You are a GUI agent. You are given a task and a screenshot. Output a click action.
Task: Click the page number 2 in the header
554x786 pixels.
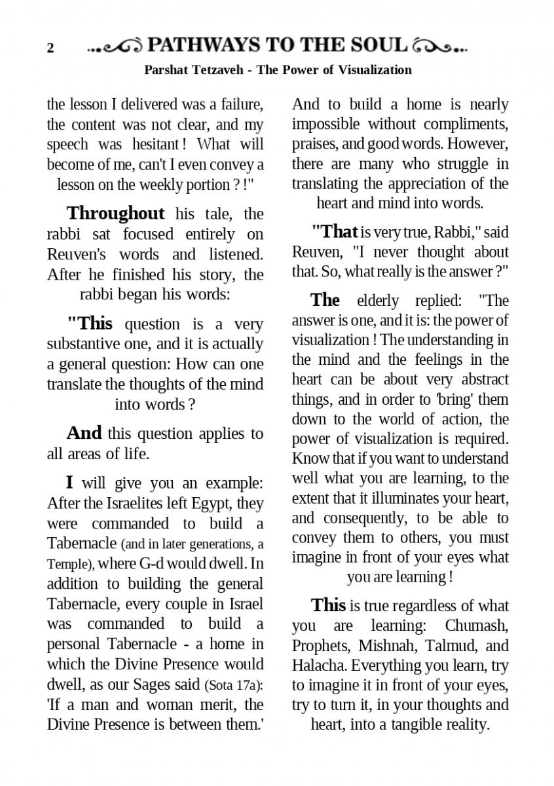[50, 48]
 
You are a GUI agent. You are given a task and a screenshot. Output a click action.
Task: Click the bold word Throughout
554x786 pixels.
[115, 214]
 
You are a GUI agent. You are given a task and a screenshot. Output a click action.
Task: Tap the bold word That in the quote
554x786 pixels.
[334, 231]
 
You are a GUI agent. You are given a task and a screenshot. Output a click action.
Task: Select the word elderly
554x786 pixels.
[378, 301]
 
